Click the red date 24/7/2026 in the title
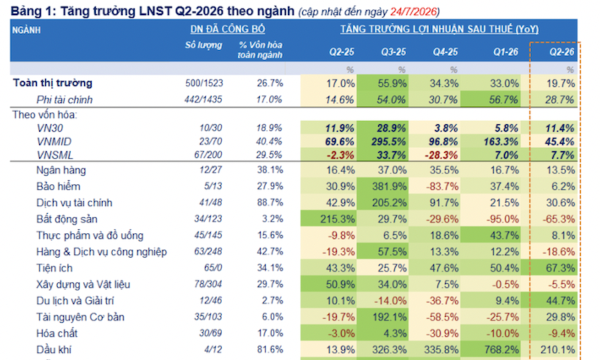[414, 12]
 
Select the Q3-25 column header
[393, 52]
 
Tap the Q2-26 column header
[562, 52]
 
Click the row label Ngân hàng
[61, 170]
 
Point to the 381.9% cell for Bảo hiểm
[389, 187]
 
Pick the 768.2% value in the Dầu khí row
[502, 350]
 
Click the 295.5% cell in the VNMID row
[388, 142]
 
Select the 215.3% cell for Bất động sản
[337, 219]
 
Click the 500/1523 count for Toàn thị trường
[204, 83]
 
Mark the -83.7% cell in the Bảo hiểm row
[442, 187]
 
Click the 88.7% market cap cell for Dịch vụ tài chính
[270, 203]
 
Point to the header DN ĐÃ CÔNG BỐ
[228, 29]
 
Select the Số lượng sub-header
[204, 45]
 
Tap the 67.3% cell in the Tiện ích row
[561, 268]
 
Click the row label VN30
[50, 128]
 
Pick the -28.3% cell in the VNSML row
[441, 155]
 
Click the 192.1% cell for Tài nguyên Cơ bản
[389, 317]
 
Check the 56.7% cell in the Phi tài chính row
[504, 100]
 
